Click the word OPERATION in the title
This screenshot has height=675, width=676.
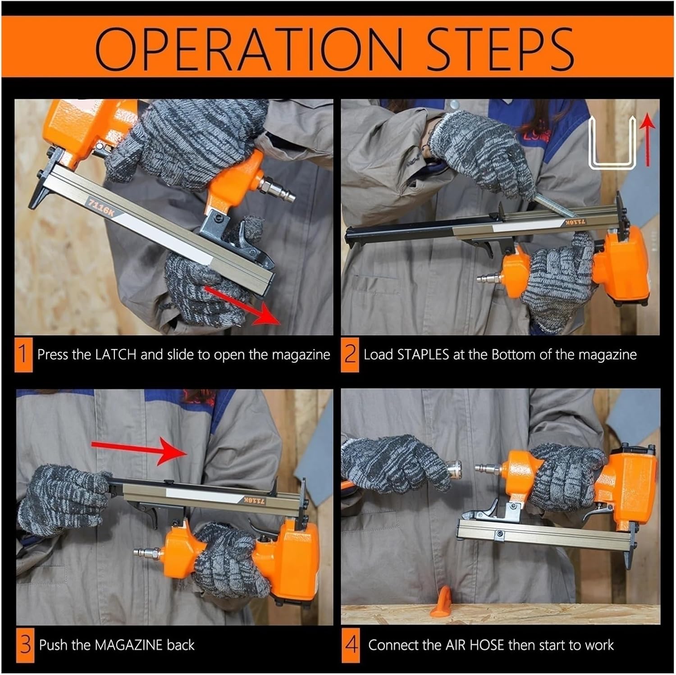pyautogui.click(x=249, y=49)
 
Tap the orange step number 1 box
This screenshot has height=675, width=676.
pyautogui.click(x=23, y=355)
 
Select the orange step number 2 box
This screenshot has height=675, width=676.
pyautogui.click(x=350, y=355)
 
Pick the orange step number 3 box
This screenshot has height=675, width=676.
pyautogui.click(x=25, y=645)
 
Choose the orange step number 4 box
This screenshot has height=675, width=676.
pyautogui.click(x=351, y=645)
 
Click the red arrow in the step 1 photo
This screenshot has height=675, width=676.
pyautogui.click(x=241, y=304)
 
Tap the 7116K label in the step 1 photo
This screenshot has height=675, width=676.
pyautogui.click(x=100, y=208)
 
